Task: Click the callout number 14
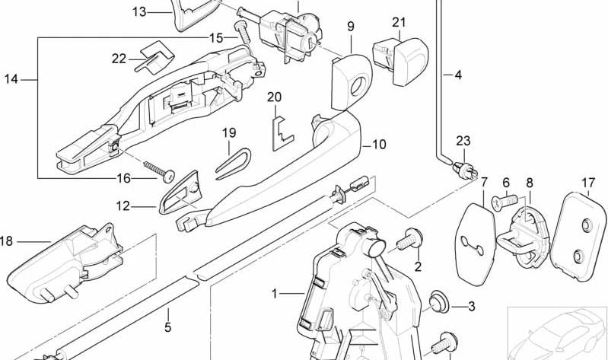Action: coord(11,79)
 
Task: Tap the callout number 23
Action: coord(463,142)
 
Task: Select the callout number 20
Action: coord(274,97)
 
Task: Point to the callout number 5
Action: coord(167,327)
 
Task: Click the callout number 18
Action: coord(6,241)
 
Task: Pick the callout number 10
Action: coord(379,145)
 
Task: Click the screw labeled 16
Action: coord(159,171)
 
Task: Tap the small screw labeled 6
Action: coord(505,201)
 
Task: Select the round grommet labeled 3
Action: coord(438,301)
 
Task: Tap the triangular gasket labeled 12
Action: coord(181,193)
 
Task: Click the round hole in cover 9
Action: coord(358,87)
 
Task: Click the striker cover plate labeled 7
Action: coord(475,244)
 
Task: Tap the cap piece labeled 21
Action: coord(400,60)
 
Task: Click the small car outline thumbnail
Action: coord(558,333)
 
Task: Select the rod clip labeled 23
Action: coord(465,170)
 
